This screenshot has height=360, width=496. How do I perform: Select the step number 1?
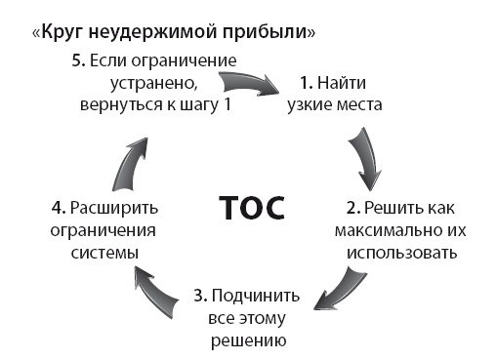pyautogui.click(x=305, y=82)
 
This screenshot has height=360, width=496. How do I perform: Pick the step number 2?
pyautogui.click(x=352, y=208)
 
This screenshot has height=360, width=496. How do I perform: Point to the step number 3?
pyautogui.click(x=199, y=295)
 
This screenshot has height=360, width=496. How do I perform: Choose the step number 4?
pyautogui.click(x=55, y=208)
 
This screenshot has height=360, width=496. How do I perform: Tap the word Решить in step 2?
pyautogui.click(x=393, y=208)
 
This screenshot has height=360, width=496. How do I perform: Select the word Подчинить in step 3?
pyautogui.click(x=251, y=295)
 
